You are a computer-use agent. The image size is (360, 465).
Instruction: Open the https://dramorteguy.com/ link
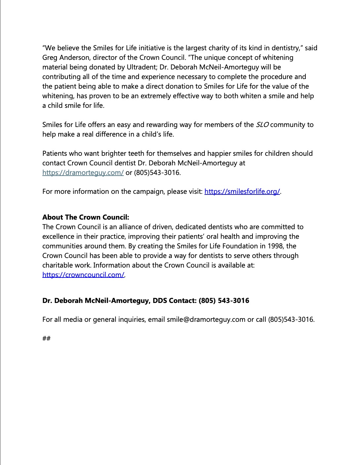point(83,173)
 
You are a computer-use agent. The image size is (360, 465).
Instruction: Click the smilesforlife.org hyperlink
point(242,191)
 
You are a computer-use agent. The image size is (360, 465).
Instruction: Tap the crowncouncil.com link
point(83,275)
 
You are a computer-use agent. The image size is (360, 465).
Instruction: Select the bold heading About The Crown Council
point(86,217)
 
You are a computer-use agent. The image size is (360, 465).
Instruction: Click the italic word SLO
point(262,125)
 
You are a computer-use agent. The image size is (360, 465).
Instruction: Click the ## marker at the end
point(46,338)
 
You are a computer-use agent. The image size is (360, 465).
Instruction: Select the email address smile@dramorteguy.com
point(206,319)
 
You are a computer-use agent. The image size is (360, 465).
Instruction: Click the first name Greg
point(50,58)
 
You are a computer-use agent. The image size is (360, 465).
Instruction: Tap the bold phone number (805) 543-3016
point(224,301)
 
